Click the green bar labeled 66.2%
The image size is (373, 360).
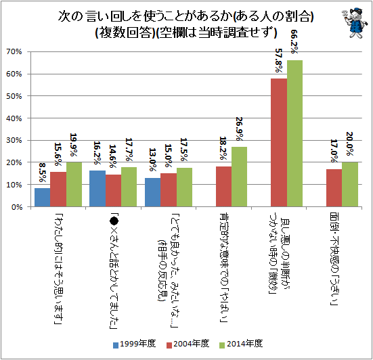tap(295, 133)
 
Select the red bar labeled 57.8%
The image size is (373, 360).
tap(278, 143)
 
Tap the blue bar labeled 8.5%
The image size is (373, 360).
tap(42, 198)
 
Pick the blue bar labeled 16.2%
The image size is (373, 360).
tap(97, 189)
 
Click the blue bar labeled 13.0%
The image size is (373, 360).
tap(152, 192)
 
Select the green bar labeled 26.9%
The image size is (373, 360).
tap(240, 177)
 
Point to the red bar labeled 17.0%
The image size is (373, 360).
tap(333, 188)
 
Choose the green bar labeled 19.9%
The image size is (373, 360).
tap(75, 185)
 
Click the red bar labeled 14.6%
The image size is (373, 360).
tap(114, 191)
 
